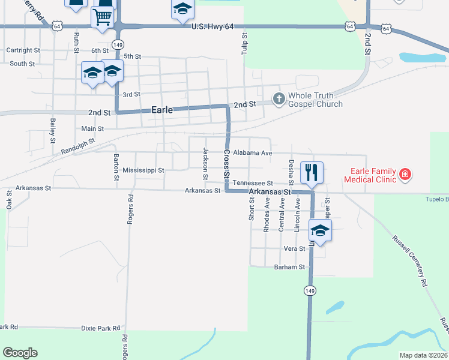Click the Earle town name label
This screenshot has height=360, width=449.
[x=162, y=110]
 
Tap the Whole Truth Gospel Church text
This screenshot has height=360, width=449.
[x=316, y=100]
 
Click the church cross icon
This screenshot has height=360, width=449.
[x=279, y=98]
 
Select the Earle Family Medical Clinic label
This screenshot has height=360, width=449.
[x=370, y=175]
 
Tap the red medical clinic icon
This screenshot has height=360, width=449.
[x=406, y=175]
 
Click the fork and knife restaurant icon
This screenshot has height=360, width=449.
[x=312, y=172]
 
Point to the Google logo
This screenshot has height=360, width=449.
[x=20, y=353]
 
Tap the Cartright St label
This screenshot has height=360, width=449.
[x=23, y=51]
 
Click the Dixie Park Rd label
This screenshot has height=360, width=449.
[x=101, y=329]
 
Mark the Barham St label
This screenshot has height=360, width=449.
[x=289, y=267]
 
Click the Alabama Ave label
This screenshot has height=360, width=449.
[x=253, y=153]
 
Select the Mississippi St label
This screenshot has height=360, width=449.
[x=143, y=170]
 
